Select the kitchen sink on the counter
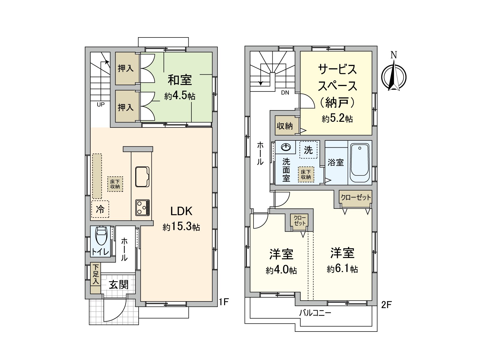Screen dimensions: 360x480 142,177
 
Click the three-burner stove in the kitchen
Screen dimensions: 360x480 142,207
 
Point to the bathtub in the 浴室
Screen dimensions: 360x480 360,163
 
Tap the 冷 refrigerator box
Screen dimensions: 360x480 100,209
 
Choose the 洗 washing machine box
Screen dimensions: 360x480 308,150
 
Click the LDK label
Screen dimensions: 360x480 181,211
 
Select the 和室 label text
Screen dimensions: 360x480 180,80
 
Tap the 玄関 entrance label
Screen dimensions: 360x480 119,285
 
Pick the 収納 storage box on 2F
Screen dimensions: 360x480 284,126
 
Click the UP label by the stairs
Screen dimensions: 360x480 101,104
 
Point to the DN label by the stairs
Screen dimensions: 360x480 285,93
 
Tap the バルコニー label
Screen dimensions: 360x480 315,313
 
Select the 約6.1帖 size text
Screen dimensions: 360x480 342,269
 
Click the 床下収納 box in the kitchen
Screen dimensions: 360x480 115,184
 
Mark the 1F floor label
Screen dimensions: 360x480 224,302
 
